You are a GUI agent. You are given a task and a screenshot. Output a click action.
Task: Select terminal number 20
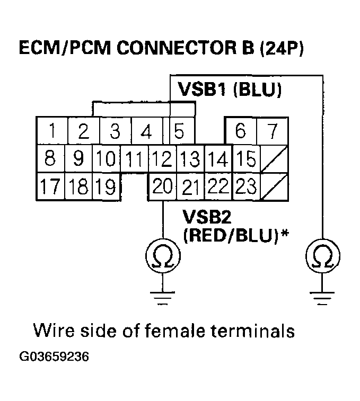[x=162, y=186]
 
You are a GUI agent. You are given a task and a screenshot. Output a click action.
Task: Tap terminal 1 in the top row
[x=51, y=130]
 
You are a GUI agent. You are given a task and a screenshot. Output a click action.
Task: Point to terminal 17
[x=50, y=186]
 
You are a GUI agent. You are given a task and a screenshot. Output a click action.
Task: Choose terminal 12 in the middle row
[x=162, y=158]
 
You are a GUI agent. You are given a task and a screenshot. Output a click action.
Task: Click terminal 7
[x=272, y=130]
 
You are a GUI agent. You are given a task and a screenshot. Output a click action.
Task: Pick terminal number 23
[x=245, y=186]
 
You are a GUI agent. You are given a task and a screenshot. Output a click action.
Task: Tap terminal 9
[x=79, y=158]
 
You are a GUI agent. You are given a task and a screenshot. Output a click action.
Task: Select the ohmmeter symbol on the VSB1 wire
[x=322, y=256]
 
